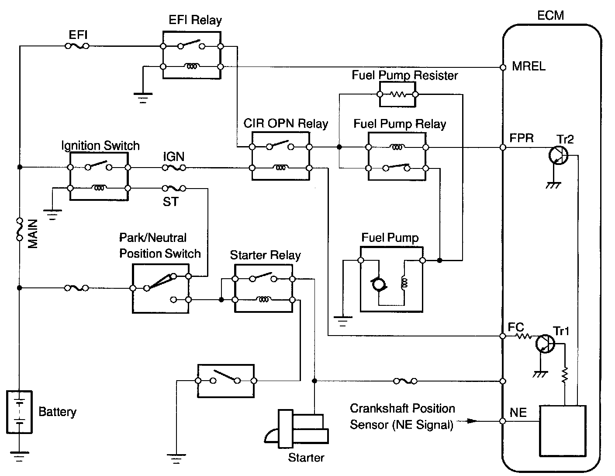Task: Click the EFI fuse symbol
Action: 77,45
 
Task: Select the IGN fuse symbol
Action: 174,168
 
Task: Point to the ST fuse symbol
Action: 174,189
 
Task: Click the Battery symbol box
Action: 19,412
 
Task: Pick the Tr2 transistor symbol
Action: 558,154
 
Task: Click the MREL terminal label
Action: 529,67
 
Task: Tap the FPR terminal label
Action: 522,138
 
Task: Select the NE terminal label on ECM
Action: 518,412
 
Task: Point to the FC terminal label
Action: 516,327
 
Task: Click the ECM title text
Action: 550,15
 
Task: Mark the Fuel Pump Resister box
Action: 397,94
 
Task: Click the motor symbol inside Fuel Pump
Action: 378,285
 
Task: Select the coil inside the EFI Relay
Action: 191,66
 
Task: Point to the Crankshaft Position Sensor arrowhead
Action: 472,421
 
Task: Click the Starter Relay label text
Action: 265,255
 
